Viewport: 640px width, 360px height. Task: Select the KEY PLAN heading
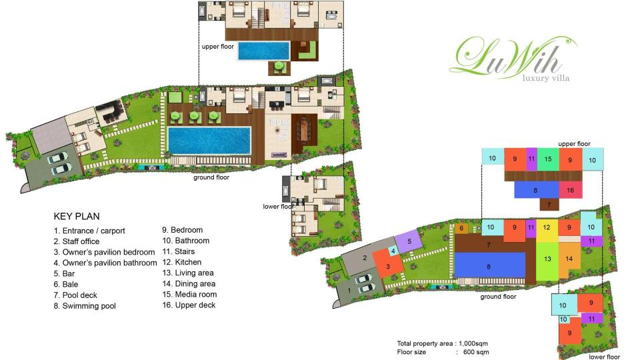pos(76,217)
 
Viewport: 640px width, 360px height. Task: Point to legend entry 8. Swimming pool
pos(85,306)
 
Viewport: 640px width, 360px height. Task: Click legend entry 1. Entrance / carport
pos(89,231)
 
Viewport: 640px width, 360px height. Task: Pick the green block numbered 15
pos(547,159)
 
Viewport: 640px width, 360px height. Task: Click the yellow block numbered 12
pos(547,227)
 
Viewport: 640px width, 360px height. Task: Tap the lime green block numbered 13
pos(547,258)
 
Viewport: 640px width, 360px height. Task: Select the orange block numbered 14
pos(569,258)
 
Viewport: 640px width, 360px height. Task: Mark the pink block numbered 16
pos(570,190)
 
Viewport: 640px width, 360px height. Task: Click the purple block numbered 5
pos(408,241)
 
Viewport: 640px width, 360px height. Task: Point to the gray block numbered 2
pos(365,259)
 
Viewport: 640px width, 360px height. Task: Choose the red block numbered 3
pos(388,267)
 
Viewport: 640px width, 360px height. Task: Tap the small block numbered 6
pos(461,228)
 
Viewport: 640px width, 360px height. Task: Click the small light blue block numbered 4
pos(393,251)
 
